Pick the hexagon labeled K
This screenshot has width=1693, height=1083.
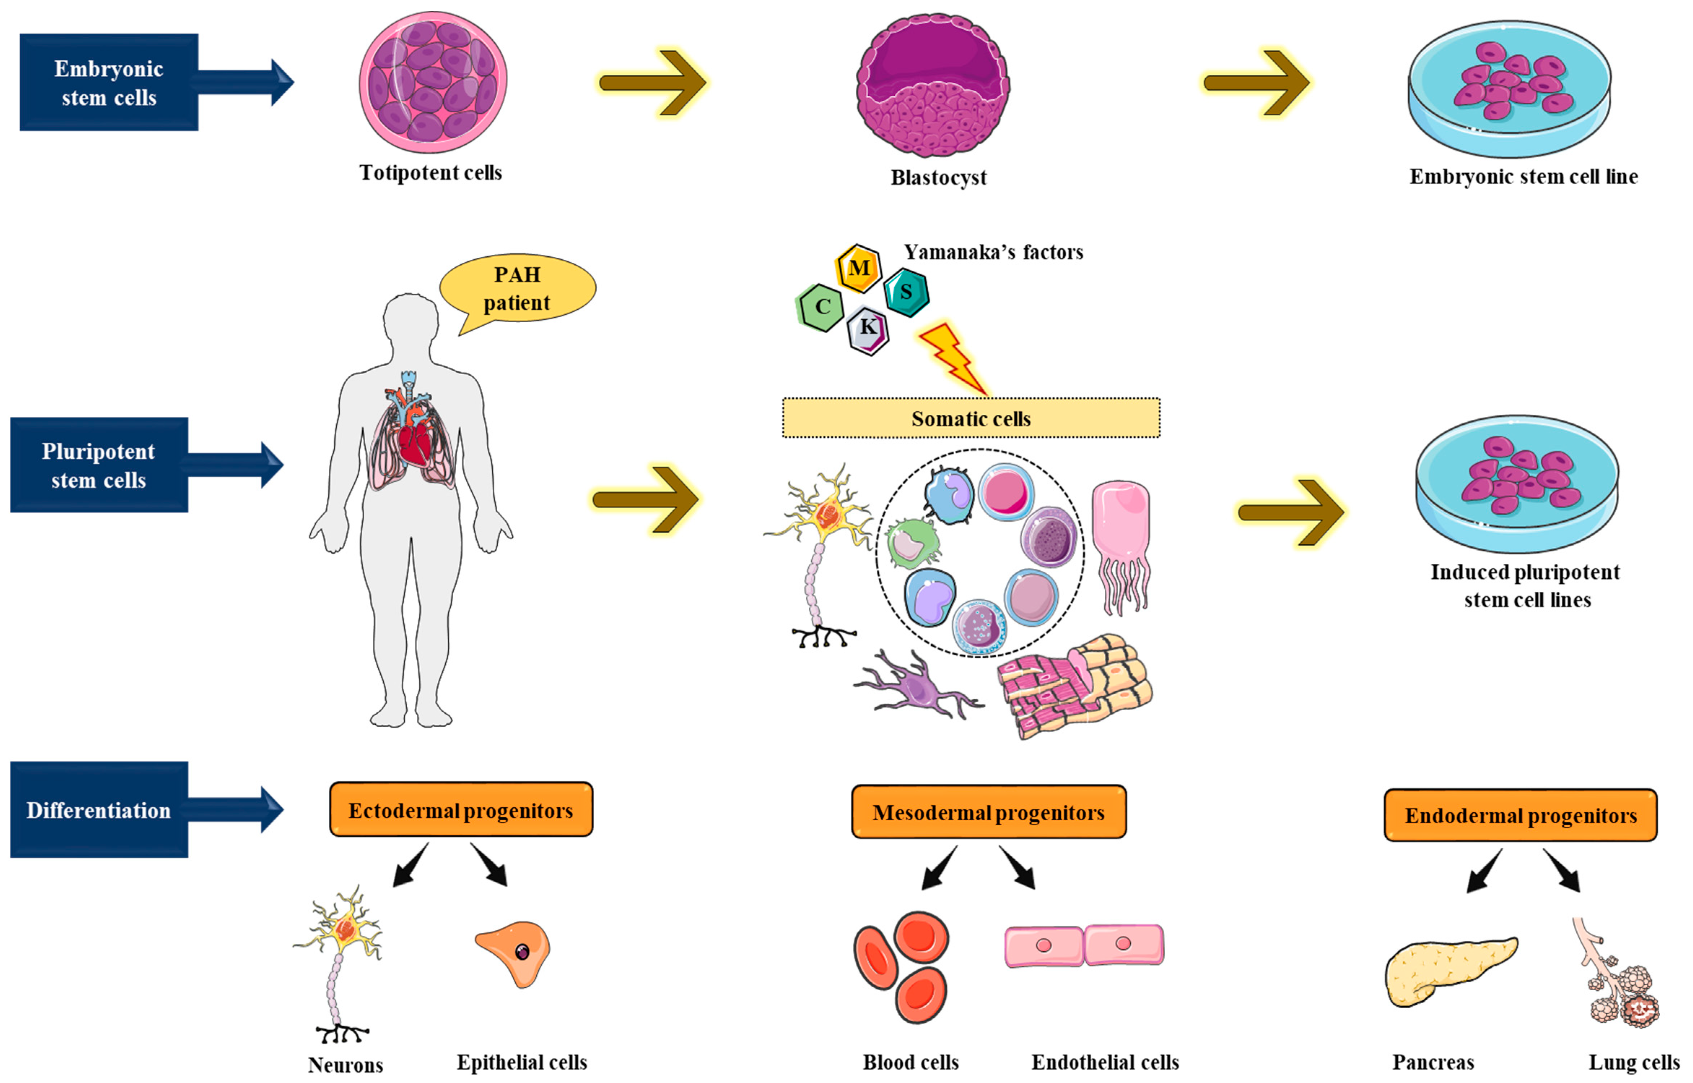pyautogui.click(x=868, y=328)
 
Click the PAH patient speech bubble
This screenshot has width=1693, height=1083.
pyautogui.click(x=518, y=288)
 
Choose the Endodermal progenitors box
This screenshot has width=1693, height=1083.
pyautogui.click(x=1520, y=816)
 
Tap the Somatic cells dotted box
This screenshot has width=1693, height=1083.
pyautogui.click(x=971, y=418)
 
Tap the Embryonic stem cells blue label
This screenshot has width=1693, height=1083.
pyautogui.click(x=109, y=82)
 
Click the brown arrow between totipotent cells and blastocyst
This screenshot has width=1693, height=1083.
pyautogui.click(x=653, y=82)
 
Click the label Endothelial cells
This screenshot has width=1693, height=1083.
pyautogui.click(x=1104, y=1062)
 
